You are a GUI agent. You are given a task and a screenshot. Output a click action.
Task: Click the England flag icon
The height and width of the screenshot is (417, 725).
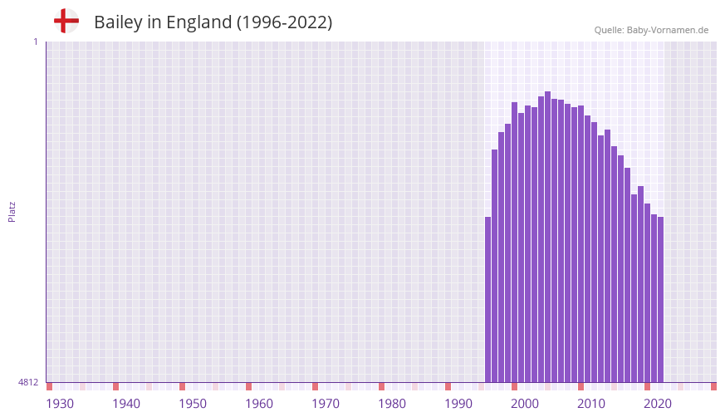click(x=66, y=21)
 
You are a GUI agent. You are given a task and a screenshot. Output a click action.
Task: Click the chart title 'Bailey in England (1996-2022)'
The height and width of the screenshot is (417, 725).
click(x=213, y=22)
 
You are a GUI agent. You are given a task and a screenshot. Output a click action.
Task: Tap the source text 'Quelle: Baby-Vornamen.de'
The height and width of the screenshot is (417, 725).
click(x=651, y=30)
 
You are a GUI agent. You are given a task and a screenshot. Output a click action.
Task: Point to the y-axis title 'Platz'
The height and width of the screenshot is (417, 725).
click(x=12, y=211)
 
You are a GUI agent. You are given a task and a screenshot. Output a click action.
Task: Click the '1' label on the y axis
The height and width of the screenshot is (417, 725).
click(x=35, y=42)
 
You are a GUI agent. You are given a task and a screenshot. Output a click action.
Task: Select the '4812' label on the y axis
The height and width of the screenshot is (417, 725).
click(x=28, y=383)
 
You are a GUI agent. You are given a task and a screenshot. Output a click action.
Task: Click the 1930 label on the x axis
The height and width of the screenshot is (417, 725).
click(x=60, y=404)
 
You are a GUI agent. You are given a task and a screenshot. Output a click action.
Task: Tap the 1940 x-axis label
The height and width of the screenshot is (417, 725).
click(x=126, y=404)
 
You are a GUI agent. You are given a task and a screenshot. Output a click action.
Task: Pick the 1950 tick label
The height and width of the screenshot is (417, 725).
click(x=193, y=404)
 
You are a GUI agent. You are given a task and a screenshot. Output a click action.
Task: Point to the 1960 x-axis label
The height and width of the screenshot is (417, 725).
click(x=259, y=404)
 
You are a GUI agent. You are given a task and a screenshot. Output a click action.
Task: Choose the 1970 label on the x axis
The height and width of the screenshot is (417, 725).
click(x=326, y=404)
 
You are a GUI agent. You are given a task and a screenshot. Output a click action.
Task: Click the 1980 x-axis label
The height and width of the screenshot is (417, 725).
click(x=392, y=404)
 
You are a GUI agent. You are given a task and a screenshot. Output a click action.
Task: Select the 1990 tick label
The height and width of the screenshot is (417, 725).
click(x=458, y=404)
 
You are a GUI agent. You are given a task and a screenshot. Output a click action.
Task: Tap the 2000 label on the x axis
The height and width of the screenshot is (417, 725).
click(x=525, y=404)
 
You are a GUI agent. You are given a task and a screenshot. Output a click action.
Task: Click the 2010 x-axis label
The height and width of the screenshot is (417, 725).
click(x=591, y=404)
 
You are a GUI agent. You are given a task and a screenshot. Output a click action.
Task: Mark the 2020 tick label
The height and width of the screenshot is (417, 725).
click(x=658, y=404)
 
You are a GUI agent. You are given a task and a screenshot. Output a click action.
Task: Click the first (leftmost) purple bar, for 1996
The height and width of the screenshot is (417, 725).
click(x=488, y=299)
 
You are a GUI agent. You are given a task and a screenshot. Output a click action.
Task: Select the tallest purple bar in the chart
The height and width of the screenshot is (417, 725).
click(x=548, y=237)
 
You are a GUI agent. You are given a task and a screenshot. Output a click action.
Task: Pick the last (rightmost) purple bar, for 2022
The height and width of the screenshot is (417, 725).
click(x=660, y=299)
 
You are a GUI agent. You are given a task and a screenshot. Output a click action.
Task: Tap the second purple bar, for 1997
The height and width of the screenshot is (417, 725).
click(x=495, y=266)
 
